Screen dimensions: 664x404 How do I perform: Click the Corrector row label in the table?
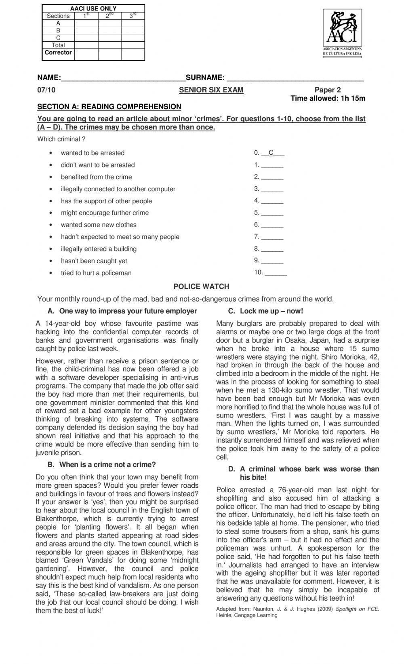(58, 53)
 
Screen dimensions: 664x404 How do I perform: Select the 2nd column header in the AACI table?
(109, 16)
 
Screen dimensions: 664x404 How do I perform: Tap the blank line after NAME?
(123, 78)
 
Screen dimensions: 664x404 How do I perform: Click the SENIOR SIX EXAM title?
(211, 90)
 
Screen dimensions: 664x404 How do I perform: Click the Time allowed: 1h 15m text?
(328, 98)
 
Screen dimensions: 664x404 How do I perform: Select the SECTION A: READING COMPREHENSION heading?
(109, 107)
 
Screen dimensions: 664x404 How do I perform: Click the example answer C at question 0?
(271, 153)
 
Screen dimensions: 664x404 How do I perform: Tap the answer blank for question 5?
(272, 213)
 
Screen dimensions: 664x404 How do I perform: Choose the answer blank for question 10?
(276, 273)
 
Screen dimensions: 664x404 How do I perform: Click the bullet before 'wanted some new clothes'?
(50, 225)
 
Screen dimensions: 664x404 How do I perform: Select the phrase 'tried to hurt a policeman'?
(96, 273)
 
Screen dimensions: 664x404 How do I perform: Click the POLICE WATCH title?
(201, 287)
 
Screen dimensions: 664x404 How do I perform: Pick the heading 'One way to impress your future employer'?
(128, 311)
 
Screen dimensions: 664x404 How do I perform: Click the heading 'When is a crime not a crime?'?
(107, 465)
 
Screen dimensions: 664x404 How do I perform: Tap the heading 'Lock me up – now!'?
(271, 311)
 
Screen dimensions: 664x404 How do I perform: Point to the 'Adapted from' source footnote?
(297, 612)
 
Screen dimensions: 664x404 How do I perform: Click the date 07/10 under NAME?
(46, 90)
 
